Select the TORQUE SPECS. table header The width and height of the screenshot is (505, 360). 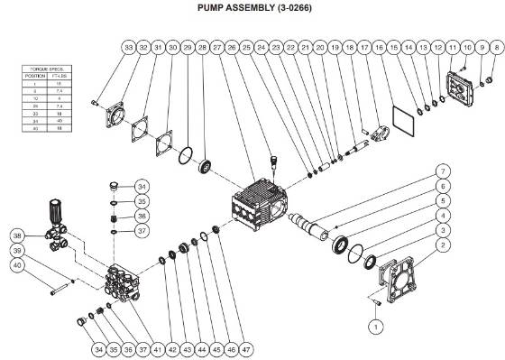point(42,69)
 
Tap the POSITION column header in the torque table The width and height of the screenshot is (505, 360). point(33,75)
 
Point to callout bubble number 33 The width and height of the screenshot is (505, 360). point(128,46)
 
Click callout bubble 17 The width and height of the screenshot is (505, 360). point(364,46)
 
